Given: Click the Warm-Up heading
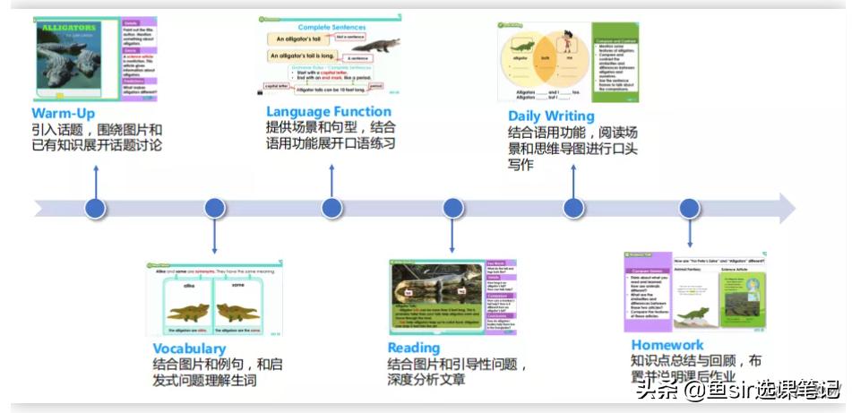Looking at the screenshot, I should click(x=63, y=114).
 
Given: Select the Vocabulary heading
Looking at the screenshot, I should click(x=188, y=348).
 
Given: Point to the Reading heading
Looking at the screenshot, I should click(x=413, y=348).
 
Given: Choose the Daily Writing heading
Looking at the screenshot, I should click(x=550, y=116).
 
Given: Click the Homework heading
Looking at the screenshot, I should click(x=667, y=345).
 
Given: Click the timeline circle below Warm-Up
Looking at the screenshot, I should click(x=95, y=209).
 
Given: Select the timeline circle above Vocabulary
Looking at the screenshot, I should click(x=214, y=209).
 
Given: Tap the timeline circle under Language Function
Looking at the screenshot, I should click(x=331, y=209).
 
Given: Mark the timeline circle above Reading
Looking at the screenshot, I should click(x=452, y=209).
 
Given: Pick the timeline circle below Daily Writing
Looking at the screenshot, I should click(x=573, y=209).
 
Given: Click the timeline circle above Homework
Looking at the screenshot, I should click(x=688, y=209).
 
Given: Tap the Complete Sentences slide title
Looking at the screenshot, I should click(x=333, y=27).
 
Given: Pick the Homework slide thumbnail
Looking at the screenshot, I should click(x=695, y=292).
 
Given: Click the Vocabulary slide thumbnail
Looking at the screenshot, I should click(x=213, y=301).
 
